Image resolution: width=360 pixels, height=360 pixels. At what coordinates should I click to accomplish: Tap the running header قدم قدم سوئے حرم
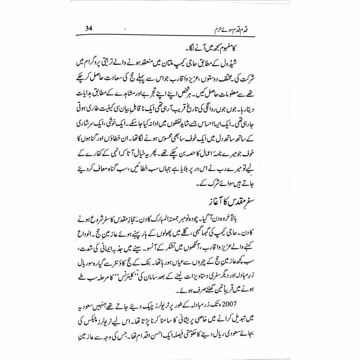coord(252,28)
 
